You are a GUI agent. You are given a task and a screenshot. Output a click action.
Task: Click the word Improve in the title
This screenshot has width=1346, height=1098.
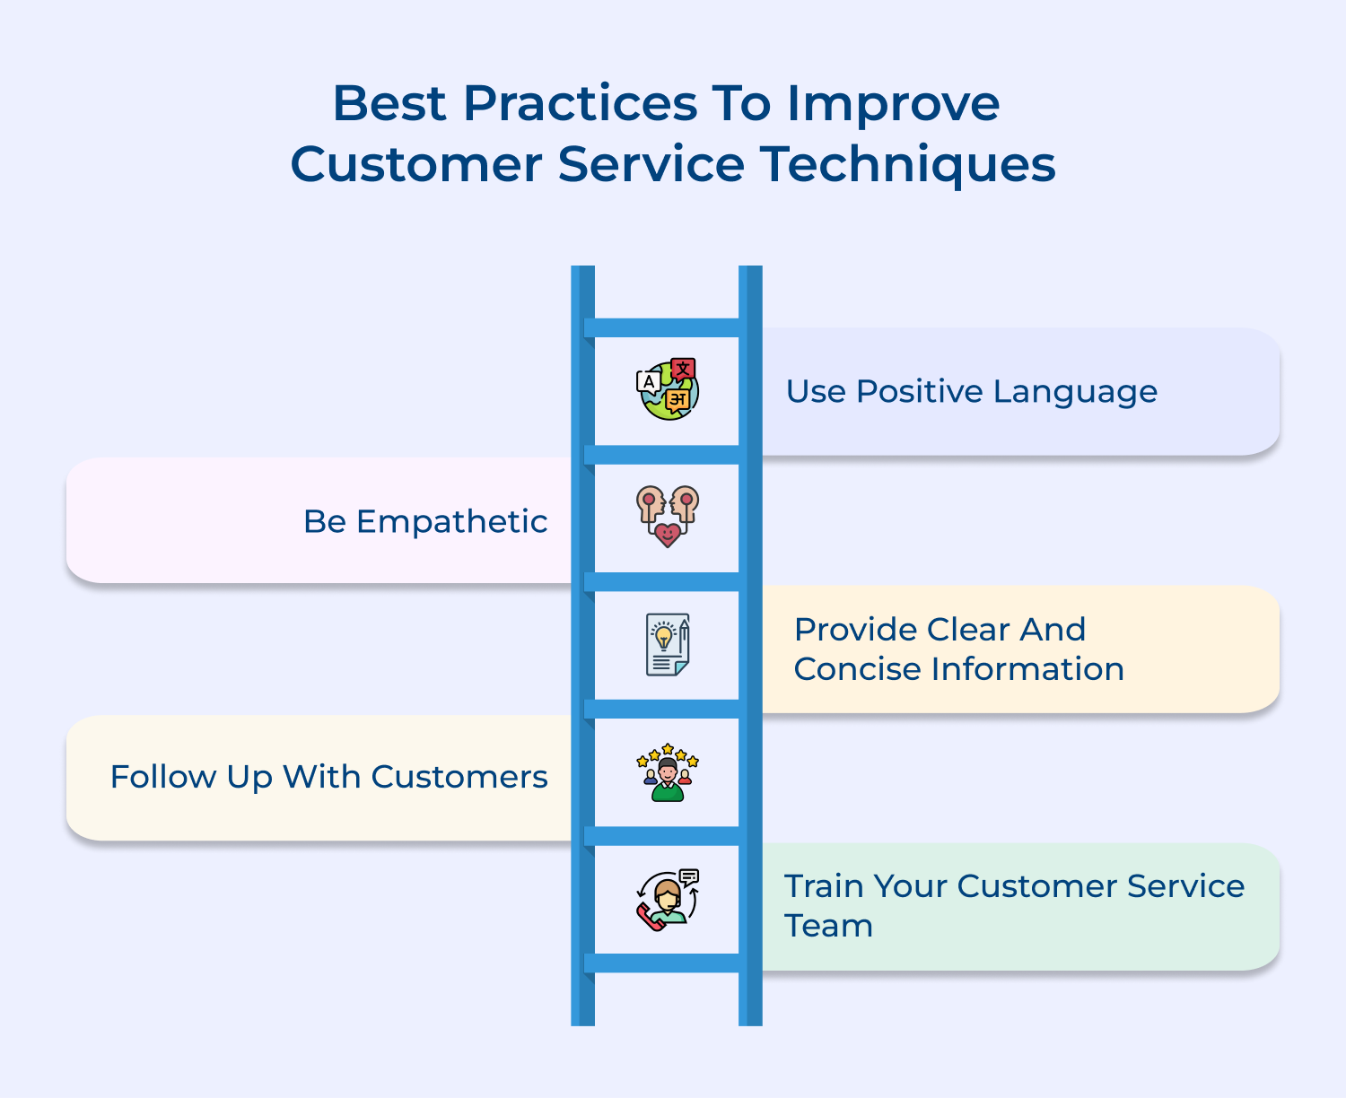tap(893, 104)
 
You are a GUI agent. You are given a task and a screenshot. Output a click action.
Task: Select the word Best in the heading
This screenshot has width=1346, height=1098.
tap(389, 103)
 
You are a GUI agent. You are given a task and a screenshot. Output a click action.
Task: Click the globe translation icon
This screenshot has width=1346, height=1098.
tap(668, 389)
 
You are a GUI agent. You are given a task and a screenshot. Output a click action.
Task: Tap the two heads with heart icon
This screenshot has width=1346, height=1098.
tap(668, 516)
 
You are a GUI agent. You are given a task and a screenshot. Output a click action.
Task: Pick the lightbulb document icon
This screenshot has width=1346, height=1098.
tap(668, 644)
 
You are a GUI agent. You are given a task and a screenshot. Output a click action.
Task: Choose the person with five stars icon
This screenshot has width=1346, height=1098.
tap(668, 772)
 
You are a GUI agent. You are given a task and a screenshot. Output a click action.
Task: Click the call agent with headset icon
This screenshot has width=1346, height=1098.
tap(668, 900)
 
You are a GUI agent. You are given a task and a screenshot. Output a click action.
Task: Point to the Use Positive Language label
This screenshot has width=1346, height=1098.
tap(971, 392)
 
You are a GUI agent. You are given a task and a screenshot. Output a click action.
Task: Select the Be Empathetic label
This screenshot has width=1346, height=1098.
tap(425, 521)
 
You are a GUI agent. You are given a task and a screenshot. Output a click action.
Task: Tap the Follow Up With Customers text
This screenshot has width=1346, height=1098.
tap(328, 777)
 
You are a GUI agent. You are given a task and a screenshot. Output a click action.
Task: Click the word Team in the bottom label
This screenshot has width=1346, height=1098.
tap(828, 926)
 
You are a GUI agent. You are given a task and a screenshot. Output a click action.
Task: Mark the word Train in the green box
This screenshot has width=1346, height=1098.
tap(823, 886)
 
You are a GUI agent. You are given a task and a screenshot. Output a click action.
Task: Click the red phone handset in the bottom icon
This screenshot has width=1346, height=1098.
tap(650, 918)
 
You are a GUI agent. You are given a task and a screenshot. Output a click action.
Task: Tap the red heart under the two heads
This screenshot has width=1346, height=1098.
tap(668, 536)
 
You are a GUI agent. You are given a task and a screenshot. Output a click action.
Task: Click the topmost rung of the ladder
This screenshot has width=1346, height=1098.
tap(667, 327)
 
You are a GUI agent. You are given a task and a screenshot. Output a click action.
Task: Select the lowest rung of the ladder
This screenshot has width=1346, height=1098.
tap(667, 963)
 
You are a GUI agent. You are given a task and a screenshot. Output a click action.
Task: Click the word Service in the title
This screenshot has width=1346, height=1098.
tap(651, 165)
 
